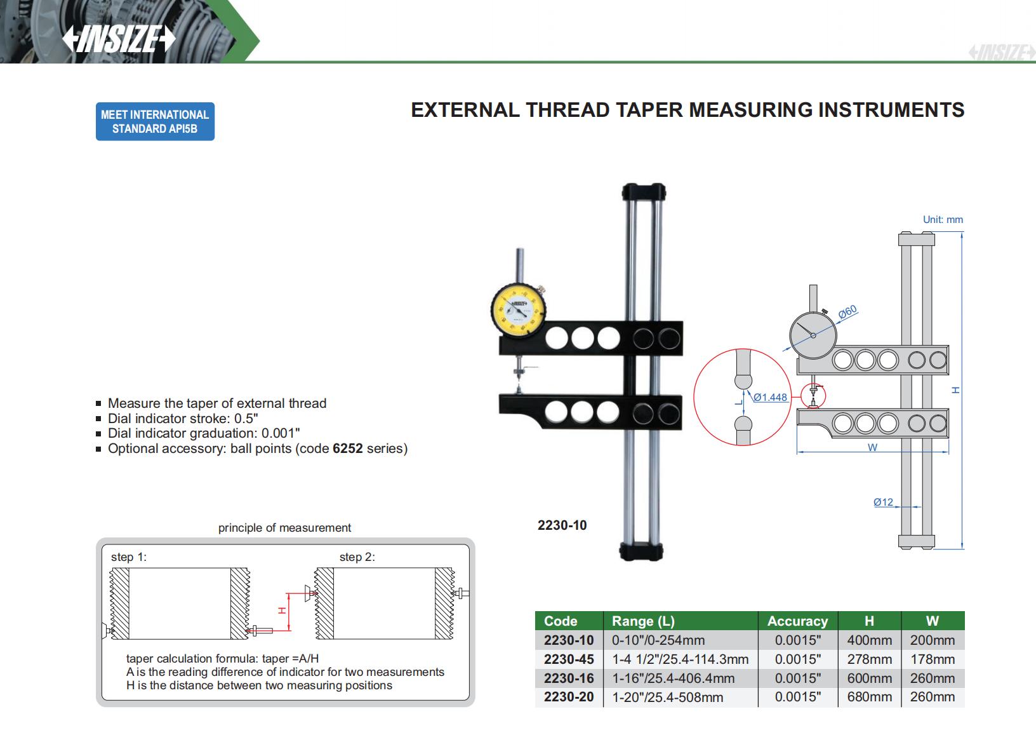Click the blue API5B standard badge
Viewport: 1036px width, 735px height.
(x=155, y=121)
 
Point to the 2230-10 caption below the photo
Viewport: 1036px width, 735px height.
(x=562, y=525)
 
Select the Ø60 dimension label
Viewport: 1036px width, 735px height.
(x=847, y=311)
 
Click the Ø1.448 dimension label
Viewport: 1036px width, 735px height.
(x=770, y=397)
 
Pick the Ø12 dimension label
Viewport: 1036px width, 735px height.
(x=883, y=502)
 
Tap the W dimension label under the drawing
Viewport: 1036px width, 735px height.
(x=872, y=447)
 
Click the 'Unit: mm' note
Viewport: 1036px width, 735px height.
(x=943, y=219)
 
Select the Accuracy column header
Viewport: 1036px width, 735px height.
(x=797, y=621)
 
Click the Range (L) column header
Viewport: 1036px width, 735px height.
(x=643, y=621)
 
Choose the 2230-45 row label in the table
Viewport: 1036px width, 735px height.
(x=569, y=659)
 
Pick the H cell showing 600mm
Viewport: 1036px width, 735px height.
(x=869, y=678)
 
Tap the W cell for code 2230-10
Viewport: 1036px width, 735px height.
(x=932, y=640)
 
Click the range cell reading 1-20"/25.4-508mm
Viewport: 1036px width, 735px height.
(x=667, y=697)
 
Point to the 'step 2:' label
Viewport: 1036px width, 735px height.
(x=357, y=557)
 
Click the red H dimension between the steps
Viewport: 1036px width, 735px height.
(x=282, y=611)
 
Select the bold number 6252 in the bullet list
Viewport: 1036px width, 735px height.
(x=347, y=448)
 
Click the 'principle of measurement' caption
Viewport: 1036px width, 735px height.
(x=284, y=528)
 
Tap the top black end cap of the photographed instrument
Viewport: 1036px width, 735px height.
(x=644, y=191)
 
